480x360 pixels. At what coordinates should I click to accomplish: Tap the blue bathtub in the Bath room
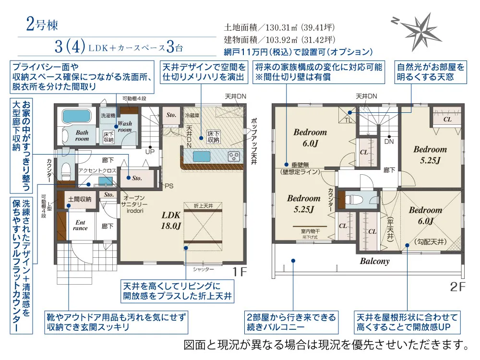(77, 116)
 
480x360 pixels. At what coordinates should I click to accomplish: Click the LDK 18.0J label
(171, 220)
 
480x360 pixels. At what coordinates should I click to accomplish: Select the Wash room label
(125, 127)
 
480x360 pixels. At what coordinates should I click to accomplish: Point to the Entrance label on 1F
(80, 225)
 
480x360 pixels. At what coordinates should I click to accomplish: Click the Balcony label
(375, 261)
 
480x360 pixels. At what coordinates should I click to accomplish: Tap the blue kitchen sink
(202, 156)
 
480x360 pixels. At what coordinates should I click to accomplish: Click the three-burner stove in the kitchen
(234, 157)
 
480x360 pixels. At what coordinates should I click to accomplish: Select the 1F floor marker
(240, 272)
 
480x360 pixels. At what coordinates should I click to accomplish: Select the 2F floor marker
(458, 287)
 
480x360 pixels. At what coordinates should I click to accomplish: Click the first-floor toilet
(66, 171)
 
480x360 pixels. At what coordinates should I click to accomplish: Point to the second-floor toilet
(354, 200)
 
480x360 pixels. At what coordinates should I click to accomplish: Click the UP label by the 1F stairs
(150, 152)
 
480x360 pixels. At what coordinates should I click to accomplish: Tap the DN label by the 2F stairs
(389, 142)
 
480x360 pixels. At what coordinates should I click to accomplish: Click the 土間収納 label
(80, 199)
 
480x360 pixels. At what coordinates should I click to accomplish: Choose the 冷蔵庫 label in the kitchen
(192, 115)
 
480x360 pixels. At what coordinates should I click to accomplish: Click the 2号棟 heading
(42, 24)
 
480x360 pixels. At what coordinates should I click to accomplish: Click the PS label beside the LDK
(169, 186)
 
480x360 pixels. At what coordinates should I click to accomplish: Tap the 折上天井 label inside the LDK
(203, 206)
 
